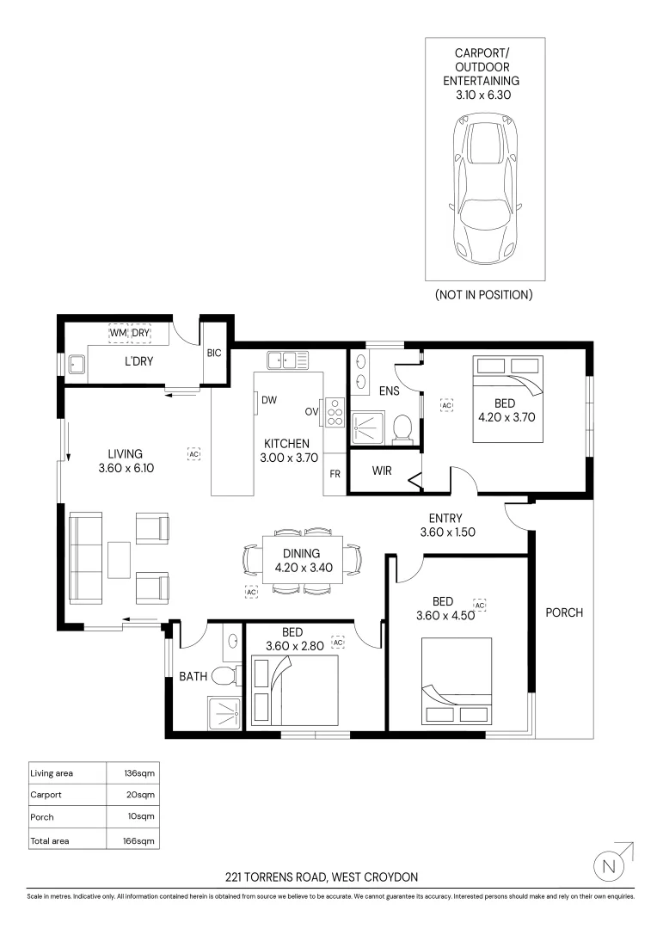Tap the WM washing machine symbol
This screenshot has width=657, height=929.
(118, 333)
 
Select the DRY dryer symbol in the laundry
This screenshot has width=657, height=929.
(140, 333)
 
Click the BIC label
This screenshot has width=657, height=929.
(214, 352)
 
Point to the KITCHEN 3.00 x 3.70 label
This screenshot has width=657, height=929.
(286, 451)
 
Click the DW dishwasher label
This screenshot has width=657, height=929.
(269, 400)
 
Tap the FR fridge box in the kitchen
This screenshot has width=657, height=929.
(335, 474)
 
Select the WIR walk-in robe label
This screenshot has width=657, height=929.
(383, 471)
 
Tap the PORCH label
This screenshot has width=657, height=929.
(564, 612)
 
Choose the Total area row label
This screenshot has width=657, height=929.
(49, 840)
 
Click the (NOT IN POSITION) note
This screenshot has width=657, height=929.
(483, 294)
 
